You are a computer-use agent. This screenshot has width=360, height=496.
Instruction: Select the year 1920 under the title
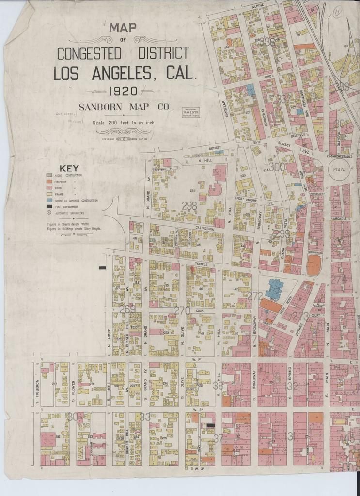123,91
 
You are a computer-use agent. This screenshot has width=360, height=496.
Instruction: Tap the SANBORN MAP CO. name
125,107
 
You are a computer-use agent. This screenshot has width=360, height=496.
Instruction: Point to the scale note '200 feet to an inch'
124,123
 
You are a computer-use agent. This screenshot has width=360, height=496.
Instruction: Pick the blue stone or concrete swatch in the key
49,200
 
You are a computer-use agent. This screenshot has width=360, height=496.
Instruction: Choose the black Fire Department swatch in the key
49,206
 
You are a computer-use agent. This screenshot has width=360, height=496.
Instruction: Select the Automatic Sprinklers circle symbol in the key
49,213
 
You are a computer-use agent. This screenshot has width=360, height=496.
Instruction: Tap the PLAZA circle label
339,170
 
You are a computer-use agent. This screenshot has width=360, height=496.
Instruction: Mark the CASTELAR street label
223,108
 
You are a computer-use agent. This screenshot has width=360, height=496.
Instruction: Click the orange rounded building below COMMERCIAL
313,265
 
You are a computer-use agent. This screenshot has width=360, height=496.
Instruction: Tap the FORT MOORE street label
246,199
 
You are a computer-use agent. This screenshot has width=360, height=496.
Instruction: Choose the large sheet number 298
189,206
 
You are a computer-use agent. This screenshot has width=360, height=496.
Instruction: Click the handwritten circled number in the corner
338,11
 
